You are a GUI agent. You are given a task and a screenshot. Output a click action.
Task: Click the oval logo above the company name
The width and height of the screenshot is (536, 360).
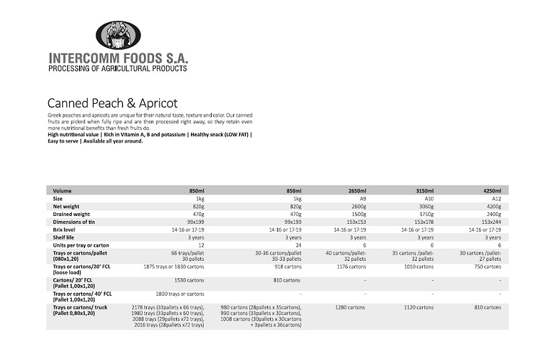tap(118, 35)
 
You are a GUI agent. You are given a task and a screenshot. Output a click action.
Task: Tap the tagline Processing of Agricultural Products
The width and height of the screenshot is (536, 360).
tap(118, 68)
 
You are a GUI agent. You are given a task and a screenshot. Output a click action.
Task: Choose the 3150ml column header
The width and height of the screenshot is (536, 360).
tap(425, 191)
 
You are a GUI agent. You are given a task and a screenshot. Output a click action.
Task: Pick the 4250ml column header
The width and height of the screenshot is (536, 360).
tap(492, 191)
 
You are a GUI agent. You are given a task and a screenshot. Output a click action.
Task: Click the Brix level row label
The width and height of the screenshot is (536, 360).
tap(66, 229)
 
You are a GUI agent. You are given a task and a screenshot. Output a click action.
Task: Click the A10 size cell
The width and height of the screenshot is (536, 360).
tap(429, 199)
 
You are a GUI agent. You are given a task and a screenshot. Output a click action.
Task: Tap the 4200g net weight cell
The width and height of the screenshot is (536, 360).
tap(493, 206)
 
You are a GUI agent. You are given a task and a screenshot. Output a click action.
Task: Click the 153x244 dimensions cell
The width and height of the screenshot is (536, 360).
tap(491, 222)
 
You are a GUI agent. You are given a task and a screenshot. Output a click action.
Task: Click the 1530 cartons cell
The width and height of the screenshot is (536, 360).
tap(190, 280)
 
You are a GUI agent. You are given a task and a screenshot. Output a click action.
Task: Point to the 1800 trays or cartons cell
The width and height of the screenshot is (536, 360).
tap(180, 294)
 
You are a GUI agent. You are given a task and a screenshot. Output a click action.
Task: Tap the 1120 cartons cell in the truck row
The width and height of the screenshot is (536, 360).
tap(421, 308)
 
